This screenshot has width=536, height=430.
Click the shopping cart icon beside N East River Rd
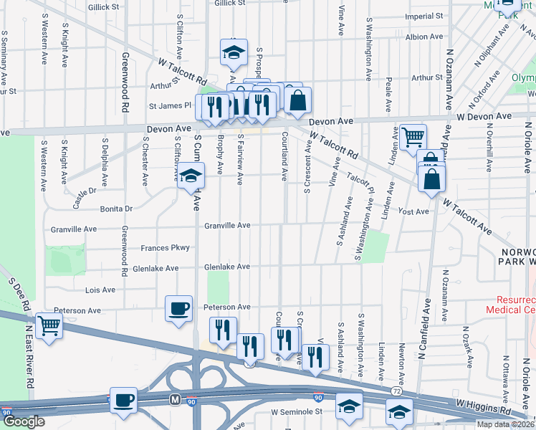click(x=49, y=326)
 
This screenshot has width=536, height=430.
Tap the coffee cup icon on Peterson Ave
click(x=179, y=310)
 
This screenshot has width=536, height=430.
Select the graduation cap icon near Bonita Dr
click(x=191, y=176)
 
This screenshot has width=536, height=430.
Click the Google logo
click(x=24, y=421)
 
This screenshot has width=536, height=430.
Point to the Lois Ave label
click(x=100, y=290)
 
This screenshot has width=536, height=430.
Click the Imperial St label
click(x=424, y=15)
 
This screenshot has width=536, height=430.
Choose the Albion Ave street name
click(x=424, y=36)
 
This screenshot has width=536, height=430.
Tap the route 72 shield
click(x=396, y=391)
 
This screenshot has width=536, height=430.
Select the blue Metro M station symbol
click(x=173, y=397)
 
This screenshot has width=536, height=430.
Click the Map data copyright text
click(x=505, y=424)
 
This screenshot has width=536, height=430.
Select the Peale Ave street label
click(x=388, y=95)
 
